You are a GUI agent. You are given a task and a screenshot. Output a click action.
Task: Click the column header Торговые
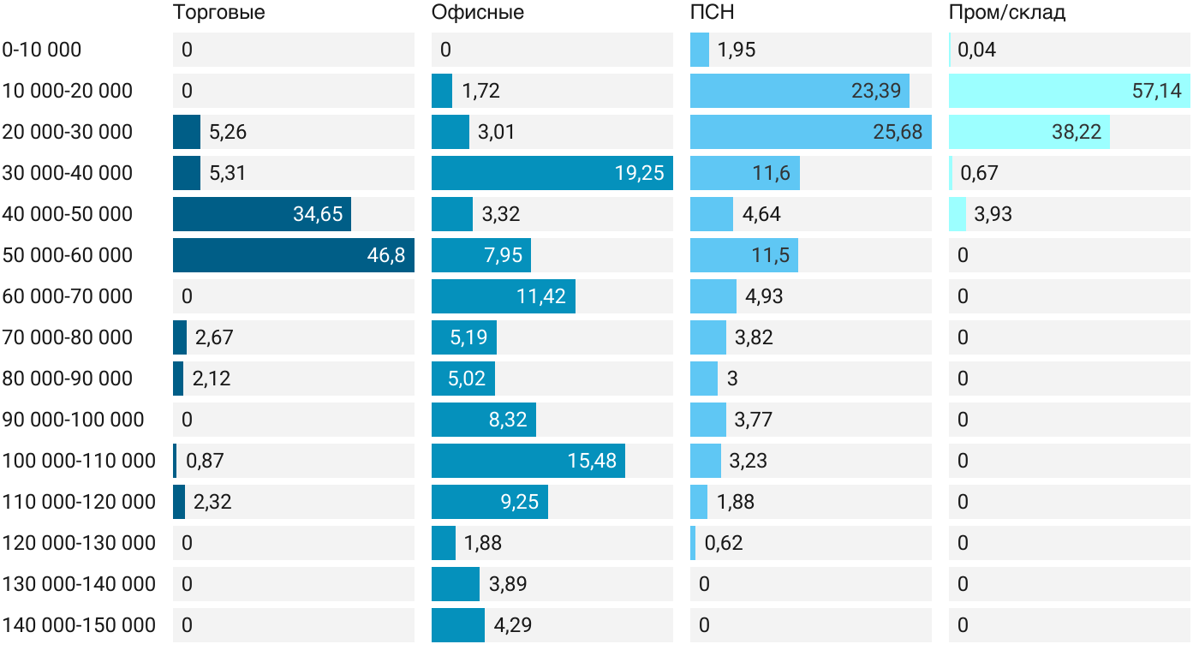(218, 13)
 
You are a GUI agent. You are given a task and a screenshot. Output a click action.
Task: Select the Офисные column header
(478, 13)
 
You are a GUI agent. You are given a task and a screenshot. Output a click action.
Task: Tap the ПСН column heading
(713, 13)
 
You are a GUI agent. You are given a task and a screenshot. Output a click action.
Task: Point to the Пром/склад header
(1007, 13)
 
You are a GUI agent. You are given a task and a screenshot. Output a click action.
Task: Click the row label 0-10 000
(42, 50)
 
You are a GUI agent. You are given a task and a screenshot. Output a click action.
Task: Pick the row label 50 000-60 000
(68, 255)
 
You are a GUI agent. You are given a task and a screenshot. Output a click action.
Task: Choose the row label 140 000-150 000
(79, 625)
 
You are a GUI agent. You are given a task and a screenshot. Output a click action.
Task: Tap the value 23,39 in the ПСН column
(876, 91)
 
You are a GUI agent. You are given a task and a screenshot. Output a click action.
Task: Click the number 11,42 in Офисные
(541, 296)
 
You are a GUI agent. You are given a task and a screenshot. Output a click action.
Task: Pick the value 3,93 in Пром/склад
(993, 214)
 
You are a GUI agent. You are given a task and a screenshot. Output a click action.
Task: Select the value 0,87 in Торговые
(205, 461)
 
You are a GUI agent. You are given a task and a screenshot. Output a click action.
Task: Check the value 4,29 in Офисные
(513, 625)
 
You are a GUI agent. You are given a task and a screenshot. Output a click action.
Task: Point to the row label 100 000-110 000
(79, 461)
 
